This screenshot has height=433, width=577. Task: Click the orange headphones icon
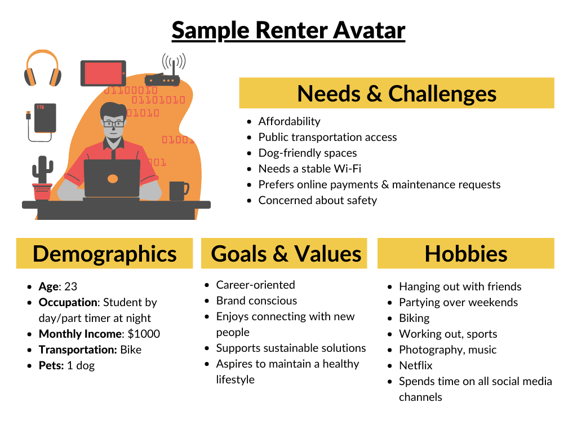pyautogui.click(x=42, y=68)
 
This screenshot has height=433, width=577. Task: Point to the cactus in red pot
pyautogui.click(x=42, y=178)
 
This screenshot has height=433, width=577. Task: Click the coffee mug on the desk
pyautogui.click(x=178, y=191)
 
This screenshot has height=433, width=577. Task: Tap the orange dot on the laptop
pyautogui.click(x=113, y=179)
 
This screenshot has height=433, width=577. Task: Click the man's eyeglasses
pyautogui.click(x=113, y=123)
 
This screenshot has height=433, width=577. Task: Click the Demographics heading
pyautogui.click(x=104, y=254)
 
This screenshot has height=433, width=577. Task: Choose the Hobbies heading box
pyautogui.click(x=465, y=254)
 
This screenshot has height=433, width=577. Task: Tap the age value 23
pyautogui.click(x=71, y=286)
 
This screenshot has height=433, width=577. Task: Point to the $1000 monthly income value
pyautogui.click(x=144, y=334)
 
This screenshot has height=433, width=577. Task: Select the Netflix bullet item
pyautogui.click(x=415, y=365)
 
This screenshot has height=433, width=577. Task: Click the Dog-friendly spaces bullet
pyautogui.click(x=307, y=153)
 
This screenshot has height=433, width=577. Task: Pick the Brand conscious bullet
pyautogui.click(x=256, y=301)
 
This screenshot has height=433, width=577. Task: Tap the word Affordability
pyautogui.click(x=289, y=121)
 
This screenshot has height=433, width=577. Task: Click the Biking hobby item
pyautogui.click(x=414, y=318)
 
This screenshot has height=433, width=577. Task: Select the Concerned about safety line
pyautogui.click(x=317, y=200)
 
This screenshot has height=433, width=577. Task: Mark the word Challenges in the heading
pyautogui.click(x=442, y=94)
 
